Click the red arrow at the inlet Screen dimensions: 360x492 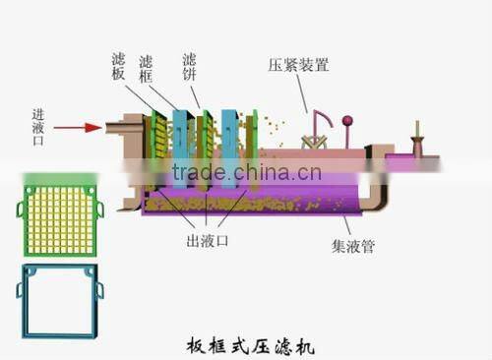click(x=77, y=127)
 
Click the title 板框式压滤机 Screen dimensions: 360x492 click(x=251, y=345)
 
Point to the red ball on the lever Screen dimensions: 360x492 click(x=347, y=122)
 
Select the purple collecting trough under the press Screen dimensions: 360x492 click(x=256, y=203)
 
